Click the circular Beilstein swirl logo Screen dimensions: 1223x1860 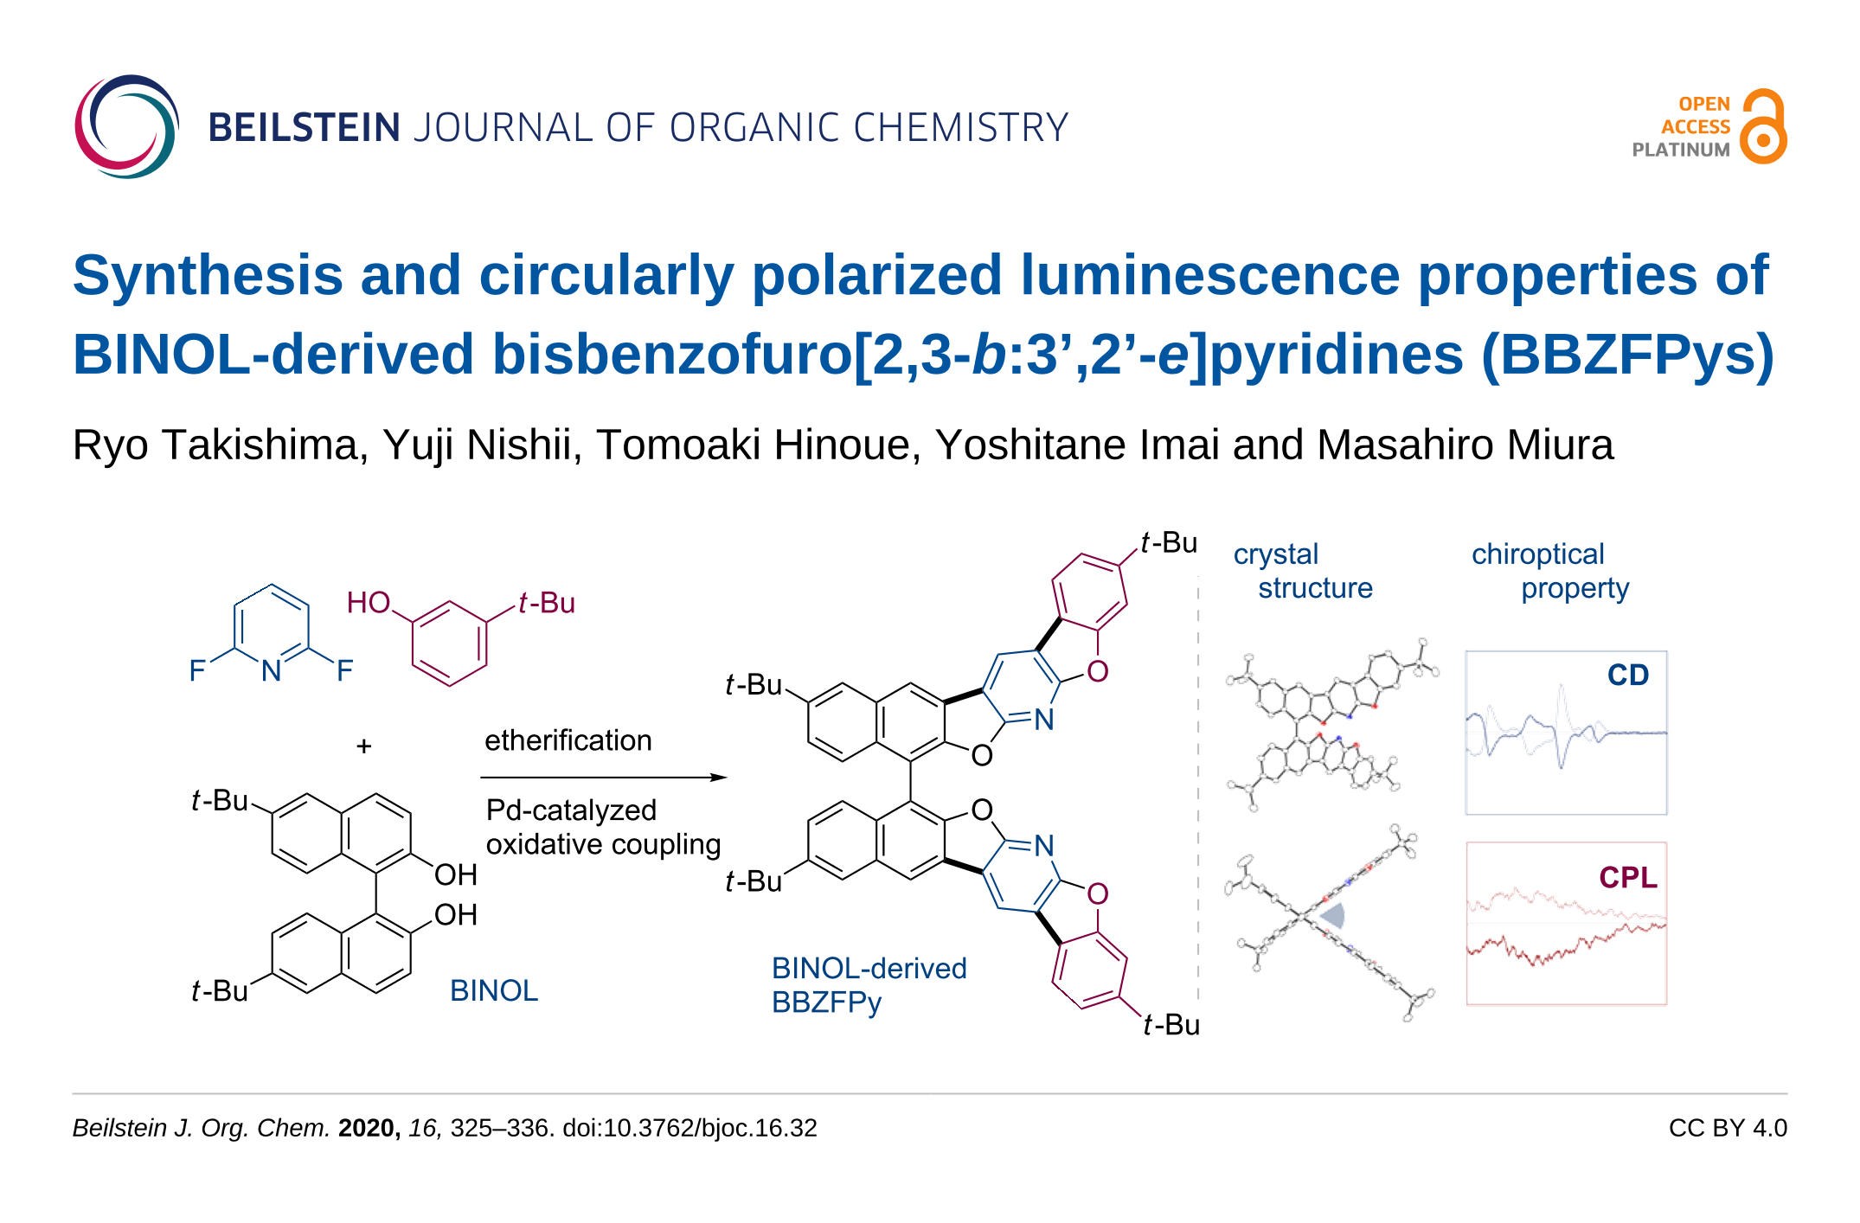tap(126, 126)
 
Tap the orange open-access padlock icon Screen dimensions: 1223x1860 tap(1764, 127)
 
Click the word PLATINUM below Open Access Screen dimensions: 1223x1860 tap(1680, 150)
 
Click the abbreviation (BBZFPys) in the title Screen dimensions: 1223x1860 tap(1627, 355)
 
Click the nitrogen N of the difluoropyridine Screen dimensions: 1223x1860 tap(272, 670)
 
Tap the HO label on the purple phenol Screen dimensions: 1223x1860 tap(369, 603)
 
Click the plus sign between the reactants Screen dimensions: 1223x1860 tap(364, 746)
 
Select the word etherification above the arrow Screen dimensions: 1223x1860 tap(568, 740)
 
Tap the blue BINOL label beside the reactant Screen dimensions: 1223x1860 tap(493, 990)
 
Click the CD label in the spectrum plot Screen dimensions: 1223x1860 tap(1627, 675)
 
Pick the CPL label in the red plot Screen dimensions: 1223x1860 tap(1627, 877)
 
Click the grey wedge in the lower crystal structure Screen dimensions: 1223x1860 tap(1332, 914)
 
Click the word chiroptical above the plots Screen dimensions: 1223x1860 tap(1537, 554)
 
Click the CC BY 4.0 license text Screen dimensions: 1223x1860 tap(1727, 1128)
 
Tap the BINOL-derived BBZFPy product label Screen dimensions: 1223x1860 tap(869, 985)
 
